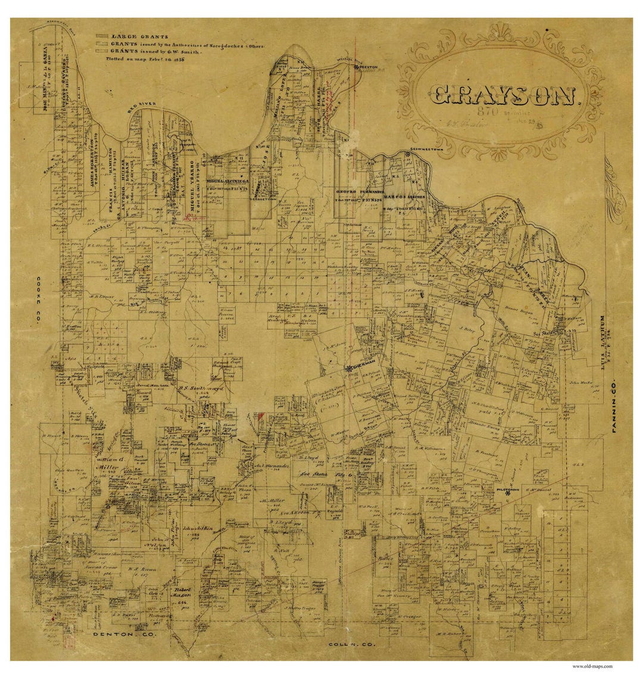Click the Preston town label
point(367,68)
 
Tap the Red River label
point(142,106)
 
